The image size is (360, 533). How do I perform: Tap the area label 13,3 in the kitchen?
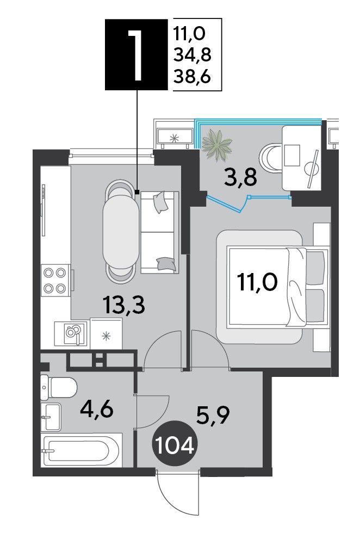pos(125,305)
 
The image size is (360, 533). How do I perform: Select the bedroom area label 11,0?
pos(258,282)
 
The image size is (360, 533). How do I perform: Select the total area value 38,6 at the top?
pos(193,77)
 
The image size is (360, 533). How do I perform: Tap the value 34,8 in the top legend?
pos(193,55)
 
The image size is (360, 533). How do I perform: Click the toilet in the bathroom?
pos(59,388)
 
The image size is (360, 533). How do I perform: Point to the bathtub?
pos(81,450)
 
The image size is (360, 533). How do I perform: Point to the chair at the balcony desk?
pos(271,156)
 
